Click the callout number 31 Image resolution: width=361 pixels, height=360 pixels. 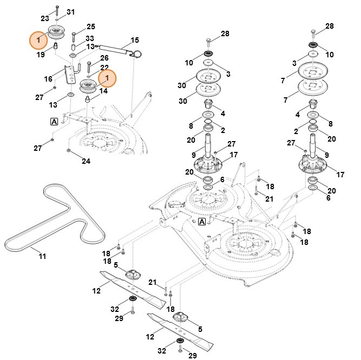pos(71,12)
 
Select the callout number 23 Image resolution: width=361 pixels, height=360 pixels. pos(45,19)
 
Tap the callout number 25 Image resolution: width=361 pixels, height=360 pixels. pos(90,26)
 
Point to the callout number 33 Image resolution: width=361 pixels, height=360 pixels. pos(90,38)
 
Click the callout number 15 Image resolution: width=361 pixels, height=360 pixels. pos(135,40)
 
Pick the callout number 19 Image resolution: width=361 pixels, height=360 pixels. pos(41,55)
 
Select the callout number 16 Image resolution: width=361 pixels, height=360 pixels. pos(48,79)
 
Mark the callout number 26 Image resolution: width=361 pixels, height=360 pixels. pos(104,57)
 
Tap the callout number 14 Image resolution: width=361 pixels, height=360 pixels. pos(103,91)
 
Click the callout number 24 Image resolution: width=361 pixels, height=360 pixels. pos(86,161)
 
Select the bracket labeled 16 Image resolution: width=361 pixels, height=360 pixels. pos(68,75)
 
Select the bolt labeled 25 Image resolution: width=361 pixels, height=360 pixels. pos(74,35)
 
